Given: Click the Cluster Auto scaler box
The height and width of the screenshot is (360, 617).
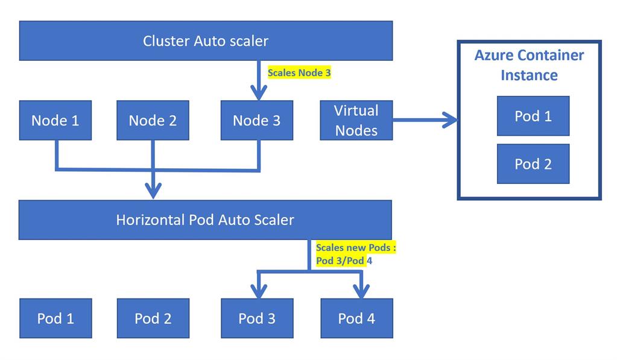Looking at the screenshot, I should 206,41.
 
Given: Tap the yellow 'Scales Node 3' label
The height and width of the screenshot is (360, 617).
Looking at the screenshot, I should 299,72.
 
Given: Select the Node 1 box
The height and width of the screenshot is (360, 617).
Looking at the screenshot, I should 55,121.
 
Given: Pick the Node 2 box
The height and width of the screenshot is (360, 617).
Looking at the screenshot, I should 153,121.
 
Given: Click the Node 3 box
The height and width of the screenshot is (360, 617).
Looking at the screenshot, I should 257,121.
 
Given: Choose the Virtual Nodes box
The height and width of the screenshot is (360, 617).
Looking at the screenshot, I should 356,121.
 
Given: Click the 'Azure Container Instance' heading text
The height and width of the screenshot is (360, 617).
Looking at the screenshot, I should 529,65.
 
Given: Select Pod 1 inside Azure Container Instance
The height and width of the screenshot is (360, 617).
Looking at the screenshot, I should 533,116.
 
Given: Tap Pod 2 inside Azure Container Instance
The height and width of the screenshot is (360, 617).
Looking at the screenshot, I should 533,164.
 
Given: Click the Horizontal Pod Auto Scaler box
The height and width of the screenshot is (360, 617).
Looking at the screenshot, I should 205,219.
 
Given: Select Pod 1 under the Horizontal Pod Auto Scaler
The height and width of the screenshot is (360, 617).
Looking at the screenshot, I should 55,318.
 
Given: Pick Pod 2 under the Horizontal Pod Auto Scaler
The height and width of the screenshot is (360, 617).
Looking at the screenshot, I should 153,318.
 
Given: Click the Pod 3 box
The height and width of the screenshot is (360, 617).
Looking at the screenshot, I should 257,318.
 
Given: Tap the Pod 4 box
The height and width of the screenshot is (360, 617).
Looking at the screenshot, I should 356,318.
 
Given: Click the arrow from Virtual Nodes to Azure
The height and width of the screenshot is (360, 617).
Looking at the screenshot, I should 425,120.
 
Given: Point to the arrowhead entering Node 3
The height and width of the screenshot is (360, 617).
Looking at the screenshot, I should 259,93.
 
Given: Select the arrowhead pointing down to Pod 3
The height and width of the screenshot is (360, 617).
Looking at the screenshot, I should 258,292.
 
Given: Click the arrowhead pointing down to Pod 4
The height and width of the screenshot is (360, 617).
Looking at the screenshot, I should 361,292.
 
